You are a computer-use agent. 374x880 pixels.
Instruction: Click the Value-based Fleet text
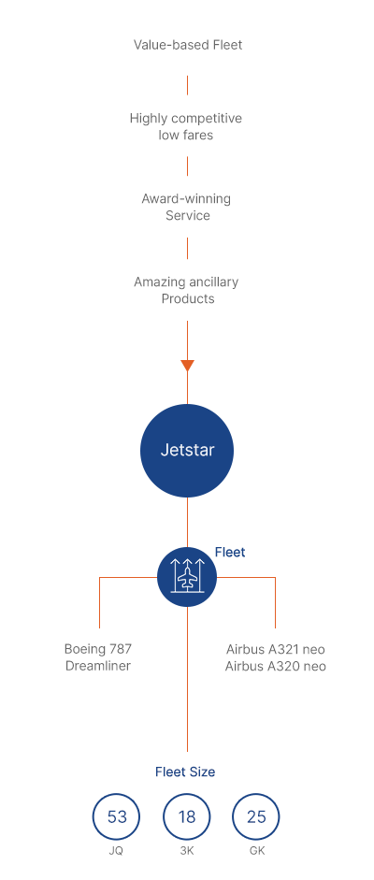pyautogui.click(x=187, y=45)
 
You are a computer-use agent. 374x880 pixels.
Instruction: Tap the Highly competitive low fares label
pyautogui.click(x=186, y=126)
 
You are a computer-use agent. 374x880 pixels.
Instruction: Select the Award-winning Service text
pyautogui.click(x=186, y=207)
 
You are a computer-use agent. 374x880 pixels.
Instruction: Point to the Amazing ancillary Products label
pyautogui.click(x=186, y=290)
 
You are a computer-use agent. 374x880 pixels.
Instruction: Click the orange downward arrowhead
pyautogui.click(x=187, y=366)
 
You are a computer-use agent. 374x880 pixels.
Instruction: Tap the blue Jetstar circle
pyautogui.click(x=187, y=451)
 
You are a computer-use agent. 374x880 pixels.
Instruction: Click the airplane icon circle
pyautogui.click(x=187, y=577)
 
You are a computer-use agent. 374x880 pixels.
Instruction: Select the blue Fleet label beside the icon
pyautogui.click(x=230, y=553)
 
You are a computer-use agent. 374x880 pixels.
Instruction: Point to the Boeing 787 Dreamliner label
pyautogui.click(x=98, y=657)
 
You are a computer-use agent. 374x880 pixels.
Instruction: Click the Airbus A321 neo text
pyautogui.click(x=275, y=649)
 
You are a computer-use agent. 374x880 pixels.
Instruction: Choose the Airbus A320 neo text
pyautogui.click(x=275, y=666)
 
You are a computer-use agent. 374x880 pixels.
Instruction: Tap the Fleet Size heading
pyautogui.click(x=185, y=772)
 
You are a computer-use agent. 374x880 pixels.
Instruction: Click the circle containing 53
pyautogui.click(x=117, y=816)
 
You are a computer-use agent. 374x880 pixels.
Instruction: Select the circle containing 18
pyautogui.click(x=187, y=816)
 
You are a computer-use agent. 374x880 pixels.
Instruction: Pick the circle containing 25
pyautogui.click(x=256, y=816)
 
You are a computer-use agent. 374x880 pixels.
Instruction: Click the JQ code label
pyautogui.click(x=116, y=851)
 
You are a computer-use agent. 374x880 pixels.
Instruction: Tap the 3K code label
pyautogui.click(x=187, y=851)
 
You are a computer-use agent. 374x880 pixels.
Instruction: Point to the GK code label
pyautogui.click(x=257, y=851)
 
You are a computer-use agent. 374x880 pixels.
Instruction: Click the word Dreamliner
pyautogui.click(x=98, y=666)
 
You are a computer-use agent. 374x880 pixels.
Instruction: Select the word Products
pyautogui.click(x=188, y=298)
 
